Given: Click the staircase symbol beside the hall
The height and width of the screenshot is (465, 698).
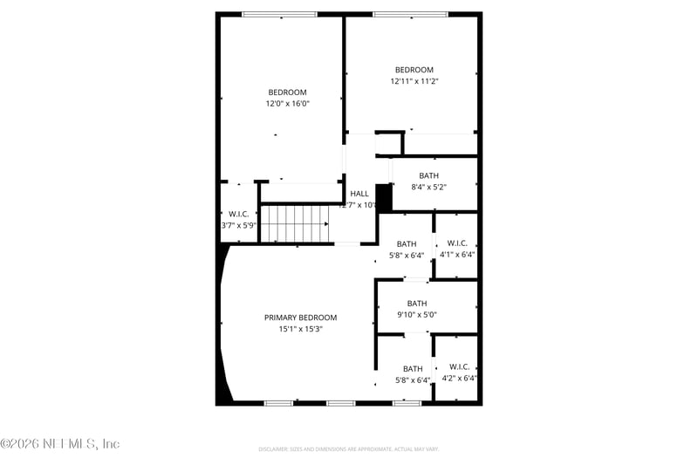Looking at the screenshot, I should (x=295, y=222).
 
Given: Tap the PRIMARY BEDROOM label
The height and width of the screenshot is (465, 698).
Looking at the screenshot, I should (x=300, y=318).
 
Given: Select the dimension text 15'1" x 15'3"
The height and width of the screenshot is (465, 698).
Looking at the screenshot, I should (x=300, y=329).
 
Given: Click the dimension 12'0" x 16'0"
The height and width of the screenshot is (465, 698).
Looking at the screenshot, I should (x=287, y=104).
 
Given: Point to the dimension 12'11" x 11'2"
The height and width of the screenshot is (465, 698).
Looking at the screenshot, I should (x=414, y=81).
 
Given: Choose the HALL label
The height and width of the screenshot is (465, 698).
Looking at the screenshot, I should (x=359, y=194).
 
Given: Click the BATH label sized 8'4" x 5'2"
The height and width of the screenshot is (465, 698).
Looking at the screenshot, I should (x=428, y=175).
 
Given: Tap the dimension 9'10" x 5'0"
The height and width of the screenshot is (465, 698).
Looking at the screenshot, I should (x=416, y=315).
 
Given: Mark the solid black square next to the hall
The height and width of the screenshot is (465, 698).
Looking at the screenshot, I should (x=384, y=196).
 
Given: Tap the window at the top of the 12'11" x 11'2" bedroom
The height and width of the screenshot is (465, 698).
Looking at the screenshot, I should (x=410, y=14).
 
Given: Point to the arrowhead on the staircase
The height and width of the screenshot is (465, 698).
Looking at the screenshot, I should (x=326, y=223).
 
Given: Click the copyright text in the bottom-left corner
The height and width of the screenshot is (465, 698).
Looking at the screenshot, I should (x=60, y=444).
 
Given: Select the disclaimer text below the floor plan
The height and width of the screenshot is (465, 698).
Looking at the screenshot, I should (x=348, y=449).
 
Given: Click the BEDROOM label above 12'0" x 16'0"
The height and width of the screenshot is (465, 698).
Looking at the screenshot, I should (x=287, y=92).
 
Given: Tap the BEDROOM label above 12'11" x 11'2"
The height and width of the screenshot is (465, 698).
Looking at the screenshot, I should (x=414, y=70).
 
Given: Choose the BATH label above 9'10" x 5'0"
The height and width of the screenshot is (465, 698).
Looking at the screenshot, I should (x=416, y=304).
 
